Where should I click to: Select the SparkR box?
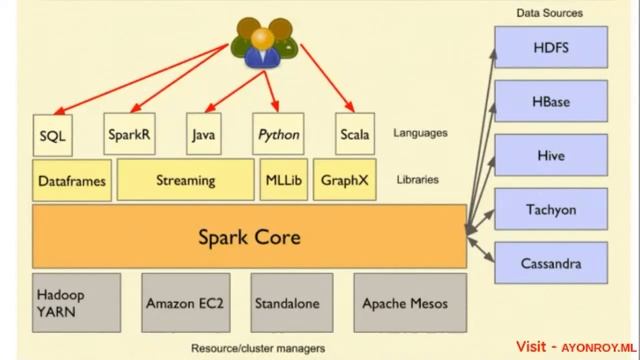point(129,133)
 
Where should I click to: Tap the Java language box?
point(203,133)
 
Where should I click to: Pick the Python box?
point(278,133)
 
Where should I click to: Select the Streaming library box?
point(186,180)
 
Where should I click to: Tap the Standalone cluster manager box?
point(291,303)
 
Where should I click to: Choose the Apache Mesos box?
point(405,303)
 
